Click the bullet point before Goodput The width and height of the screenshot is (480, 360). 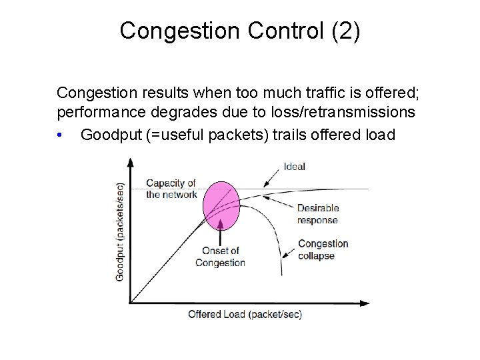coord(61,135)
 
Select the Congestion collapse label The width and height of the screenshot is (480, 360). coord(323,249)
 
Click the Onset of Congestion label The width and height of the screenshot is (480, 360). coord(220,257)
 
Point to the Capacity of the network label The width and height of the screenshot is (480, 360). coord(171,189)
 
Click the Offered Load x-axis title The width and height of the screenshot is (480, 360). coord(245,314)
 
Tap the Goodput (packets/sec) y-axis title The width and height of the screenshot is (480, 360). coord(121,231)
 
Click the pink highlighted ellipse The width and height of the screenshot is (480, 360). coord(221,204)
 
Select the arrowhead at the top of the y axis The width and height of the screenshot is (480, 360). coord(131,161)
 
